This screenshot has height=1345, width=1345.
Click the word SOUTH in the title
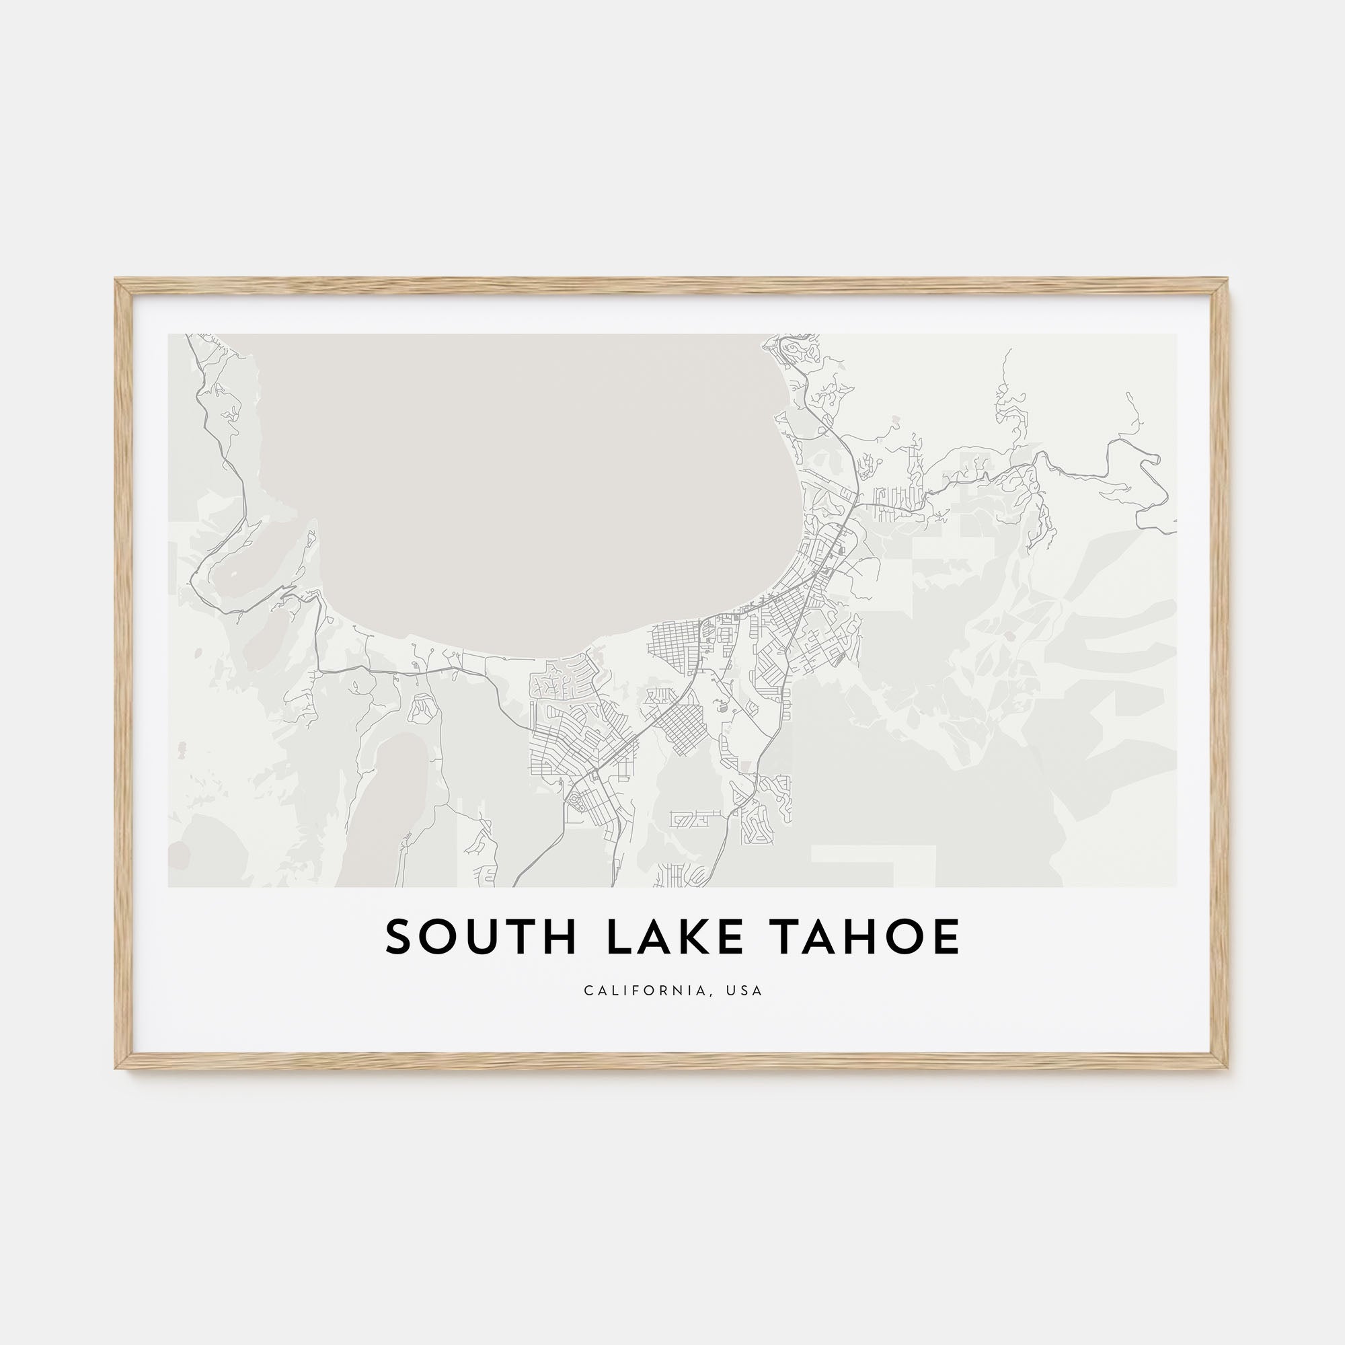(x=481, y=937)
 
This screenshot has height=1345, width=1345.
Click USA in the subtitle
(x=744, y=991)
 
